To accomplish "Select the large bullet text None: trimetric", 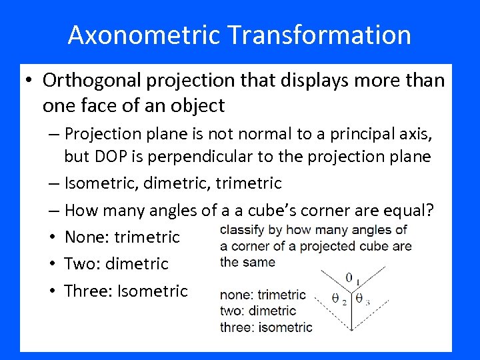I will pyautogui.click(x=122, y=237).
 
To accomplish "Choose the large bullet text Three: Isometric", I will pyautogui.click(x=126, y=291).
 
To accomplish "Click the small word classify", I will pyautogui.click(x=243, y=230).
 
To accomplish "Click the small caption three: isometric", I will pyautogui.click(x=265, y=327).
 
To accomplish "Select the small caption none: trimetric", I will pyautogui.click(x=263, y=295).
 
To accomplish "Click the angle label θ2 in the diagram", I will pyautogui.click(x=339, y=299).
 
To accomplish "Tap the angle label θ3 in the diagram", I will pyautogui.click(x=361, y=299).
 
